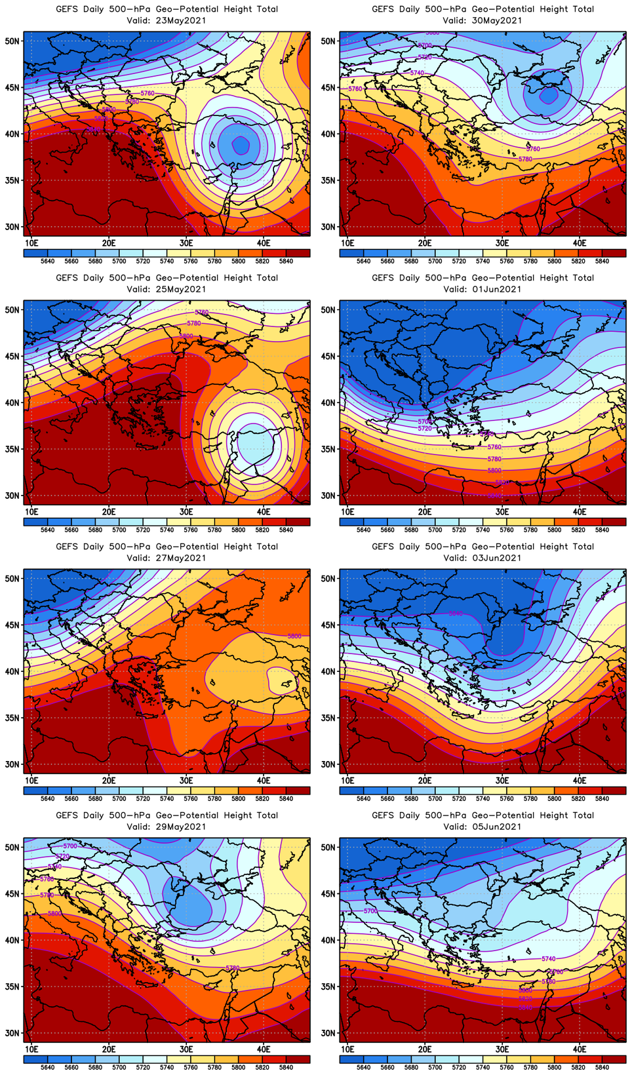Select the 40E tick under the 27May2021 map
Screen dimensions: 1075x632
click(x=264, y=780)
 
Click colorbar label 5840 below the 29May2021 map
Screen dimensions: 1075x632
click(x=286, y=1067)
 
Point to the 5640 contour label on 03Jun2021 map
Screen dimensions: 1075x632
click(x=456, y=614)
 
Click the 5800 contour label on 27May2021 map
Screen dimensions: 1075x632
click(x=294, y=636)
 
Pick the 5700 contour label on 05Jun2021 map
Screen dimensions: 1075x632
click(x=370, y=911)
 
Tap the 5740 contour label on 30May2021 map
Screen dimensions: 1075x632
click(x=417, y=73)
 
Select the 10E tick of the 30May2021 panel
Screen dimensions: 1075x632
click(x=347, y=243)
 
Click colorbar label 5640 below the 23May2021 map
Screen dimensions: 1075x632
click(x=47, y=261)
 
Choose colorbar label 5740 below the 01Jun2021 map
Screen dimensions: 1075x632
click(x=483, y=530)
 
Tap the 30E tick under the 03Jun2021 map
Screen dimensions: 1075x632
click(x=502, y=780)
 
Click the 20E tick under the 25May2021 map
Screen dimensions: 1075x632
click(x=109, y=512)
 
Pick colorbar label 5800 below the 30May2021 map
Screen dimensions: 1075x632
click(x=554, y=261)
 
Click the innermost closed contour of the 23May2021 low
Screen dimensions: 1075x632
click(x=241, y=145)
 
